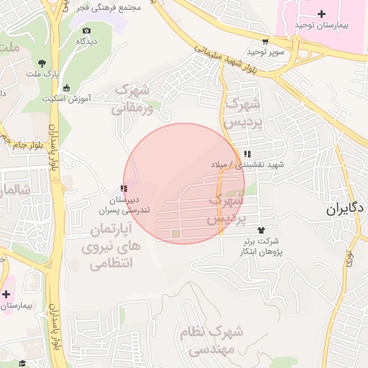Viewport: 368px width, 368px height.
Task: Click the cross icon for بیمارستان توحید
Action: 321,14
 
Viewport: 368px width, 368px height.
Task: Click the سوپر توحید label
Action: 266,52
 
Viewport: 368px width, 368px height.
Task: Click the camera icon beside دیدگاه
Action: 87,31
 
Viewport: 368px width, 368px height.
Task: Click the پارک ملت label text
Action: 42,73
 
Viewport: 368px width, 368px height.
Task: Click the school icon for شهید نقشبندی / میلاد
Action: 247,154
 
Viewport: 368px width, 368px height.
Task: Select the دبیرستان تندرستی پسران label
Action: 128,204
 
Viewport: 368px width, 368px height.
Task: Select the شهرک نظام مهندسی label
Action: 219,341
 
